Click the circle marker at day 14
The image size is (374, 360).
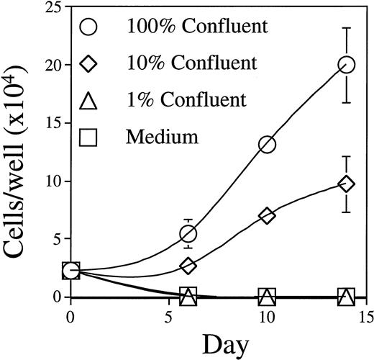pyautogui.click(x=347, y=65)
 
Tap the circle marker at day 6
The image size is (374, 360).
pyautogui.click(x=188, y=233)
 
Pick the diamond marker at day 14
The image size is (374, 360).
pyautogui.click(x=347, y=184)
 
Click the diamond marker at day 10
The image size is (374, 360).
pyautogui.click(x=267, y=215)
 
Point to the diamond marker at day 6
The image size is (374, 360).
pyautogui.click(x=188, y=266)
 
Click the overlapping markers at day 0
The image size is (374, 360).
pyautogui.click(x=70, y=270)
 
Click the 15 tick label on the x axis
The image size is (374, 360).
pyautogui.click(x=365, y=317)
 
